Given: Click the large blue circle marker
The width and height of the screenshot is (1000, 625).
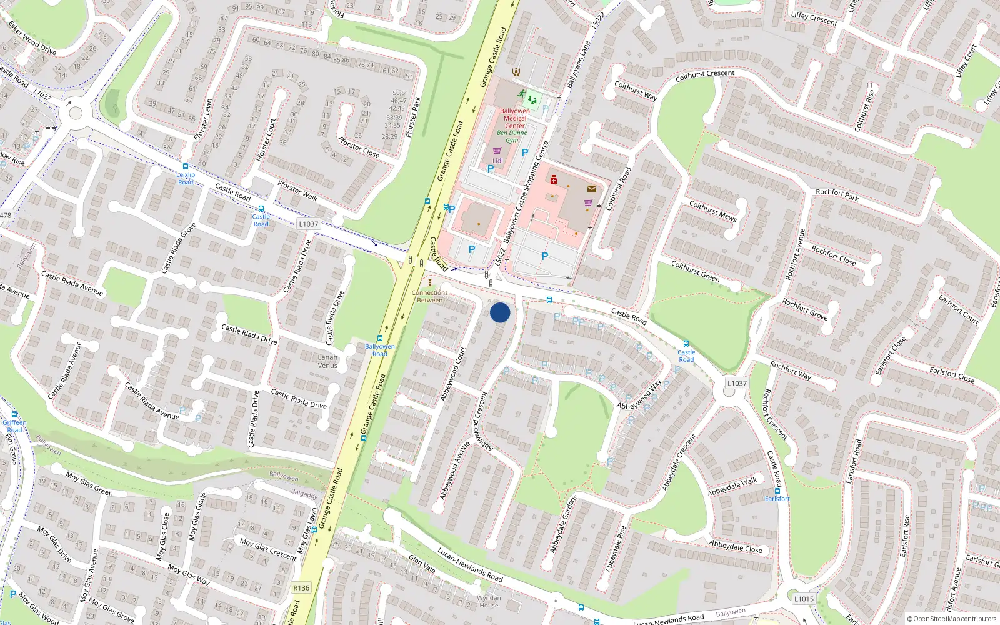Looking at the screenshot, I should (500, 312).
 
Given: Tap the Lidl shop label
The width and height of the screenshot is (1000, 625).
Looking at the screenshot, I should (497, 161).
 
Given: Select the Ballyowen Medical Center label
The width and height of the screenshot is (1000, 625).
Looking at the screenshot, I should (515, 118).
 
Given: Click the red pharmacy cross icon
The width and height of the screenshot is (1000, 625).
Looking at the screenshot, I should (553, 180).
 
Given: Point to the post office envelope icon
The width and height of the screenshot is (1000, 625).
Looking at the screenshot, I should (591, 188).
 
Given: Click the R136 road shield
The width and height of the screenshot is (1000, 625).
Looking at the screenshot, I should (301, 587).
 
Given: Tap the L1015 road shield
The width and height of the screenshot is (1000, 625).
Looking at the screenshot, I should (804, 599).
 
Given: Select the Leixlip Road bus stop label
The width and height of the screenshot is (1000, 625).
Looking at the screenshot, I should (186, 179).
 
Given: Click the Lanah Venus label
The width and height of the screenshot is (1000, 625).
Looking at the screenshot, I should (327, 362).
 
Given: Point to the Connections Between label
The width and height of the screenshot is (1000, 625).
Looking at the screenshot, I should (430, 296).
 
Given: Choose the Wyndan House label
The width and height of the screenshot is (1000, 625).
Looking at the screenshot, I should (489, 601).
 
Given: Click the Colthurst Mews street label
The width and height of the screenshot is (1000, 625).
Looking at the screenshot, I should (712, 211).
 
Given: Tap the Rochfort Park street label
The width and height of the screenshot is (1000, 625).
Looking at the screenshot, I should (837, 195).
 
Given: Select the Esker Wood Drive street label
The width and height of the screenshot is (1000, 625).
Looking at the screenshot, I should (32, 39).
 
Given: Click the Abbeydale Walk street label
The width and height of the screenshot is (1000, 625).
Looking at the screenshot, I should (732, 487).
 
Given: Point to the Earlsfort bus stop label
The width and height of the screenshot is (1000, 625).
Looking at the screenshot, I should (777, 499).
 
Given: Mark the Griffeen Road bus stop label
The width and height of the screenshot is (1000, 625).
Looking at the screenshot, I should (14, 426).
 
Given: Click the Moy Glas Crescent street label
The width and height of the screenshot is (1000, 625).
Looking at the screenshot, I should (268, 549).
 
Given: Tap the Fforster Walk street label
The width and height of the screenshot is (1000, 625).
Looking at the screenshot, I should (297, 191).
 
